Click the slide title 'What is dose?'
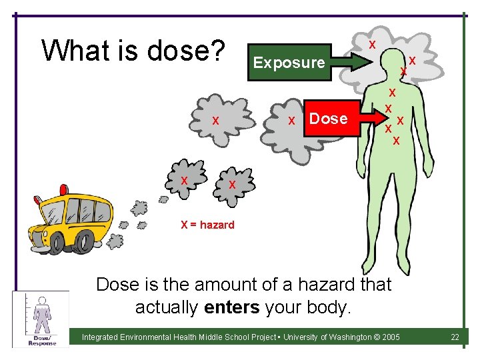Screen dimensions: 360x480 [x=134, y=50]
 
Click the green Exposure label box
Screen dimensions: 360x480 [x=289, y=63]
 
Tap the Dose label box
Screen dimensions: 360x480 [x=329, y=119]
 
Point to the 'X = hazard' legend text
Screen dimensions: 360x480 [x=207, y=225]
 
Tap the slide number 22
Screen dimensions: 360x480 [x=455, y=337]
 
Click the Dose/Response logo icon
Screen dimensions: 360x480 [x=41, y=319]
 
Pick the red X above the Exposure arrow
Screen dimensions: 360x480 [x=372, y=44]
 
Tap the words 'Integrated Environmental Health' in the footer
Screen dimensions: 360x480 [x=143, y=337]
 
